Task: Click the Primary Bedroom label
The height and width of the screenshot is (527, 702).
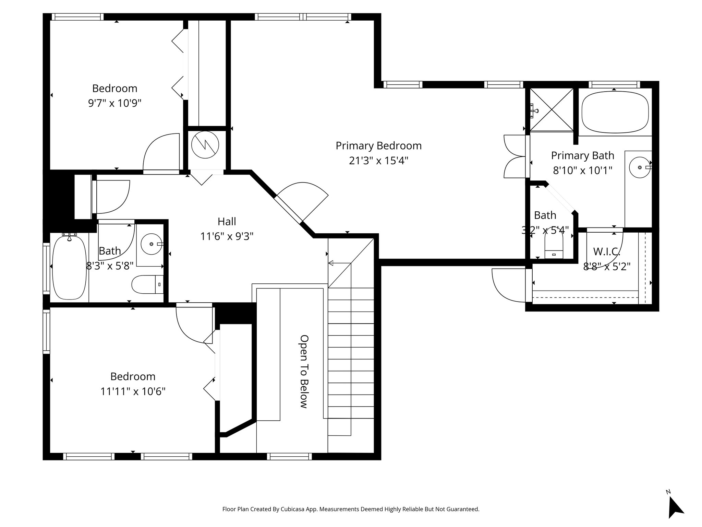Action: (378, 146)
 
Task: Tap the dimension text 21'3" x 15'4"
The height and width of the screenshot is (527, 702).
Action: (378, 161)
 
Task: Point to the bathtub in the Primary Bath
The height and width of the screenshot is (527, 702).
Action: (615, 112)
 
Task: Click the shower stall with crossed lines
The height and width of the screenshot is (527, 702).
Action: (552, 110)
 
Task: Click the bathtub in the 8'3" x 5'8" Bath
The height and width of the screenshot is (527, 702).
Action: (69, 267)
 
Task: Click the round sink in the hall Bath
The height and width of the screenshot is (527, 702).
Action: (151, 244)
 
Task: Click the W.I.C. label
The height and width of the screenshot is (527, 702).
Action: (606, 251)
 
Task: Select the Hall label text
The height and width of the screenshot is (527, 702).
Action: (227, 222)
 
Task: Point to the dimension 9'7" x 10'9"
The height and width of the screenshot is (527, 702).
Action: (115, 103)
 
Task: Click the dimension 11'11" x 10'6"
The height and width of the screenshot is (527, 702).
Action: (133, 391)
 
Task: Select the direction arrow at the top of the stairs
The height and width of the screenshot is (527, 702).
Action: (339, 263)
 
